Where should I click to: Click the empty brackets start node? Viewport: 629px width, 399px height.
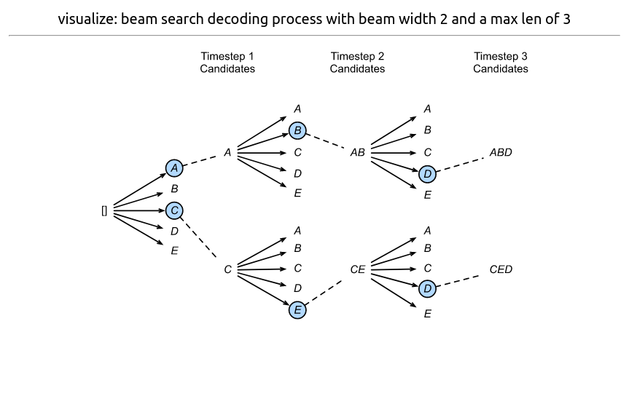(x=104, y=211)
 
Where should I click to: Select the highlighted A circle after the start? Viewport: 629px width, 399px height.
(x=173, y=168)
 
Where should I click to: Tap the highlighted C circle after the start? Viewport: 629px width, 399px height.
(x=174, y=210)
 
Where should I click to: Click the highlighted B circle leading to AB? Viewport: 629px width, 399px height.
(x=297, y=130)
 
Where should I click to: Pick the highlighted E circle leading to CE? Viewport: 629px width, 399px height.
(x=297, y=310)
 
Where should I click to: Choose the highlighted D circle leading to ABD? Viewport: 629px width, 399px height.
(x=428, y=174)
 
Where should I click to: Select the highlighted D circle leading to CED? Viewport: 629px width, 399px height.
(x=428, y=289)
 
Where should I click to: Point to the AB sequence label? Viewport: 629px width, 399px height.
(x=357, y=153)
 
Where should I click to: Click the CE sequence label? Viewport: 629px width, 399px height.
(x=357, y=269)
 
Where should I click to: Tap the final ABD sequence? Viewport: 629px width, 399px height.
(x=501, y=153)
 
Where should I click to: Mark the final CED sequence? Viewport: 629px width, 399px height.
(x=501, y=269)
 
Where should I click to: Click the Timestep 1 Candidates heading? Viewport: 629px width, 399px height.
(x=227, y=63)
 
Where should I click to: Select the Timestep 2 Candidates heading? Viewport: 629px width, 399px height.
(x=357, y=63)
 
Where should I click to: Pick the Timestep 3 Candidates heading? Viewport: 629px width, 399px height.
(x=501, y=63)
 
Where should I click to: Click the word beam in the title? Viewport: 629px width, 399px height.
(x=138, y=19)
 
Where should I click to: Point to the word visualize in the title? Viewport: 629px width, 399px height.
(x=85, y=19)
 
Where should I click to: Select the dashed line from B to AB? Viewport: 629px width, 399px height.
(x=326, y=141)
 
